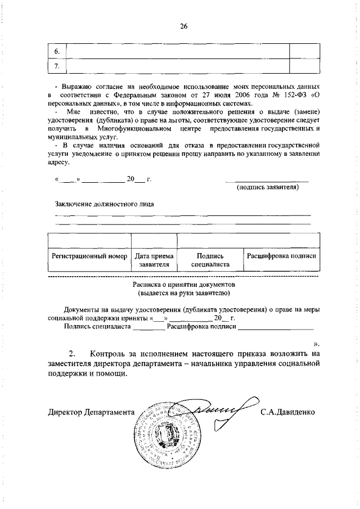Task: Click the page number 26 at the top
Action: pyautogui.click(x=183, y=26)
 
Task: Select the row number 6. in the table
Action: pyautogui.click(x=57, y=51)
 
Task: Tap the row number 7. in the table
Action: pyautogui.click(x=57, y=66)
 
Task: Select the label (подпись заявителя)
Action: pyautogui.click(x=267, y=187)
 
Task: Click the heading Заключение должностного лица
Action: pyautogui.click(x=104, y=204)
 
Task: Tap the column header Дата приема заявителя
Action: pyautogui.click(x=154, y=260)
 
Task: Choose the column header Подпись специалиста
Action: pyautogui.click(x=210, y=260)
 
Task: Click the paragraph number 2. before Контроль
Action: pyautogui.click(x=71, y=354)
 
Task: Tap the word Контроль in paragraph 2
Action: pyautogui.click(x=114, y=354)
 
